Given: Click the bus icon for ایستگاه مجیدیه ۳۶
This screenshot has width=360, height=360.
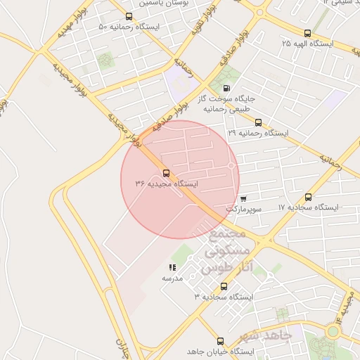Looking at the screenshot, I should tap(166, 173).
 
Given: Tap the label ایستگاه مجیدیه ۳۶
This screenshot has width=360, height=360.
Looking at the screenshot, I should tap(167, 184).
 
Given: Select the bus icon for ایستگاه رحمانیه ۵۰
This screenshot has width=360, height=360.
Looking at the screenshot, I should tap(128, 17).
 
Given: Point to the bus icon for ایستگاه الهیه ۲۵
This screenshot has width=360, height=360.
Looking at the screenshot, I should tap(307, 33).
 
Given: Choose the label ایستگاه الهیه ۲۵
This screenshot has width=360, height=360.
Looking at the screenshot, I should tap(307, 44).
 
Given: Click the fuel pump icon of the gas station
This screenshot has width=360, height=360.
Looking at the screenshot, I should tap(225, 88).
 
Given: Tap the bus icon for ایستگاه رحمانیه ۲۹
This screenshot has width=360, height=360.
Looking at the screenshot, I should tap(258, 122).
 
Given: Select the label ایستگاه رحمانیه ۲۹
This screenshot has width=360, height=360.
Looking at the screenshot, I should tap(258, 133).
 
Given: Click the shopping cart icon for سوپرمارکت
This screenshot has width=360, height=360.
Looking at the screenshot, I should tap(243, 199).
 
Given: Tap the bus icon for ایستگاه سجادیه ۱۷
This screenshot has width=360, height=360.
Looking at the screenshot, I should tap(309, 198).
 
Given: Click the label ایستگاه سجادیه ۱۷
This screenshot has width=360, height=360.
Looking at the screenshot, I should tap(309, 208).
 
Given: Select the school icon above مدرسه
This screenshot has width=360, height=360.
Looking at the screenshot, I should tap(172, 268).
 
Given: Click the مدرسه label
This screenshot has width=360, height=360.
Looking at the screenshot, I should tap(172, 278).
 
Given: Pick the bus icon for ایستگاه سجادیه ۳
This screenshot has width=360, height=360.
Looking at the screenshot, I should tap(224, 286).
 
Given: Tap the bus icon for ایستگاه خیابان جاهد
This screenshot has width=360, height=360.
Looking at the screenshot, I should tap(221, 340).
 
